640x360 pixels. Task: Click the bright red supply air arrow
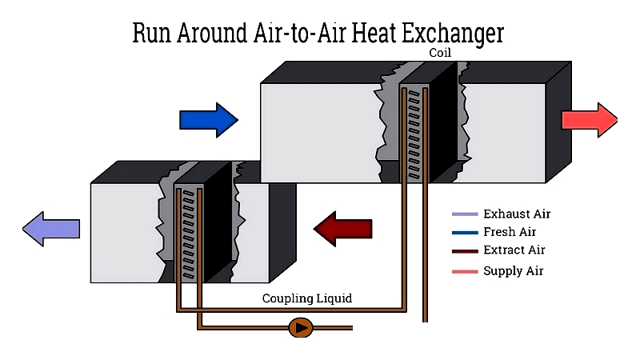point(589,120)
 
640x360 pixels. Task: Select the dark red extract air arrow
point(343,230)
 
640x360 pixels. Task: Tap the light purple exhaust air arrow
point(51,230)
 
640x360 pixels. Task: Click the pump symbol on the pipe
point(301,326)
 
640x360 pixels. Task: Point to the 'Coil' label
point(440,54)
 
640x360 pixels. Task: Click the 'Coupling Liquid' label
point(307,298)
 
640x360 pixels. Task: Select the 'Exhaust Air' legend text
point(517,214)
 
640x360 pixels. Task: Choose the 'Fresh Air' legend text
point(510,232)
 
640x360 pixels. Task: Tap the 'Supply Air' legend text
point(513,270)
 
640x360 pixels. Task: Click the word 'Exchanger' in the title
point(454,33)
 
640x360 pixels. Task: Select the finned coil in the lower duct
point(189,232)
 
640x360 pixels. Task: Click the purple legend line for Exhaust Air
point(465,214)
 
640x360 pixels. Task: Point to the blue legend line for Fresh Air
point(465,233)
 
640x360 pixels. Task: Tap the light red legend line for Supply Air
point(465,271)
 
